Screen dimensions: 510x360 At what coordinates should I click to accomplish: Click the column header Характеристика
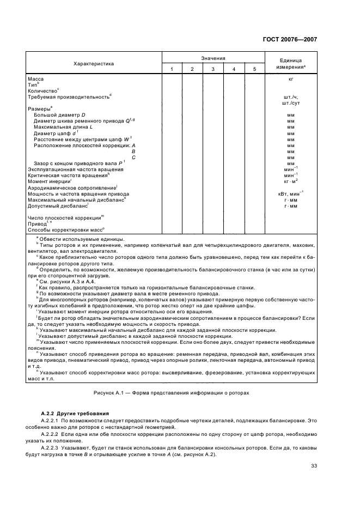tap(94, 63)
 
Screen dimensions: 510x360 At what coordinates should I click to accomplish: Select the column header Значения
tap(212, 57)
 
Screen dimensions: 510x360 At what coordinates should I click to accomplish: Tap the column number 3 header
tap(212, 69)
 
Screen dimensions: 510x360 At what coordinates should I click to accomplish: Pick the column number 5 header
tap(254, 69)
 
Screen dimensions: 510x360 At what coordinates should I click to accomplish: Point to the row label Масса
tap(36, 80)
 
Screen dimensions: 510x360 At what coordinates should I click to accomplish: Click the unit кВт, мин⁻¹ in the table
tap(291, 193)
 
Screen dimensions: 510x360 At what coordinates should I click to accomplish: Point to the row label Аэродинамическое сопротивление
tap(72, 187)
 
